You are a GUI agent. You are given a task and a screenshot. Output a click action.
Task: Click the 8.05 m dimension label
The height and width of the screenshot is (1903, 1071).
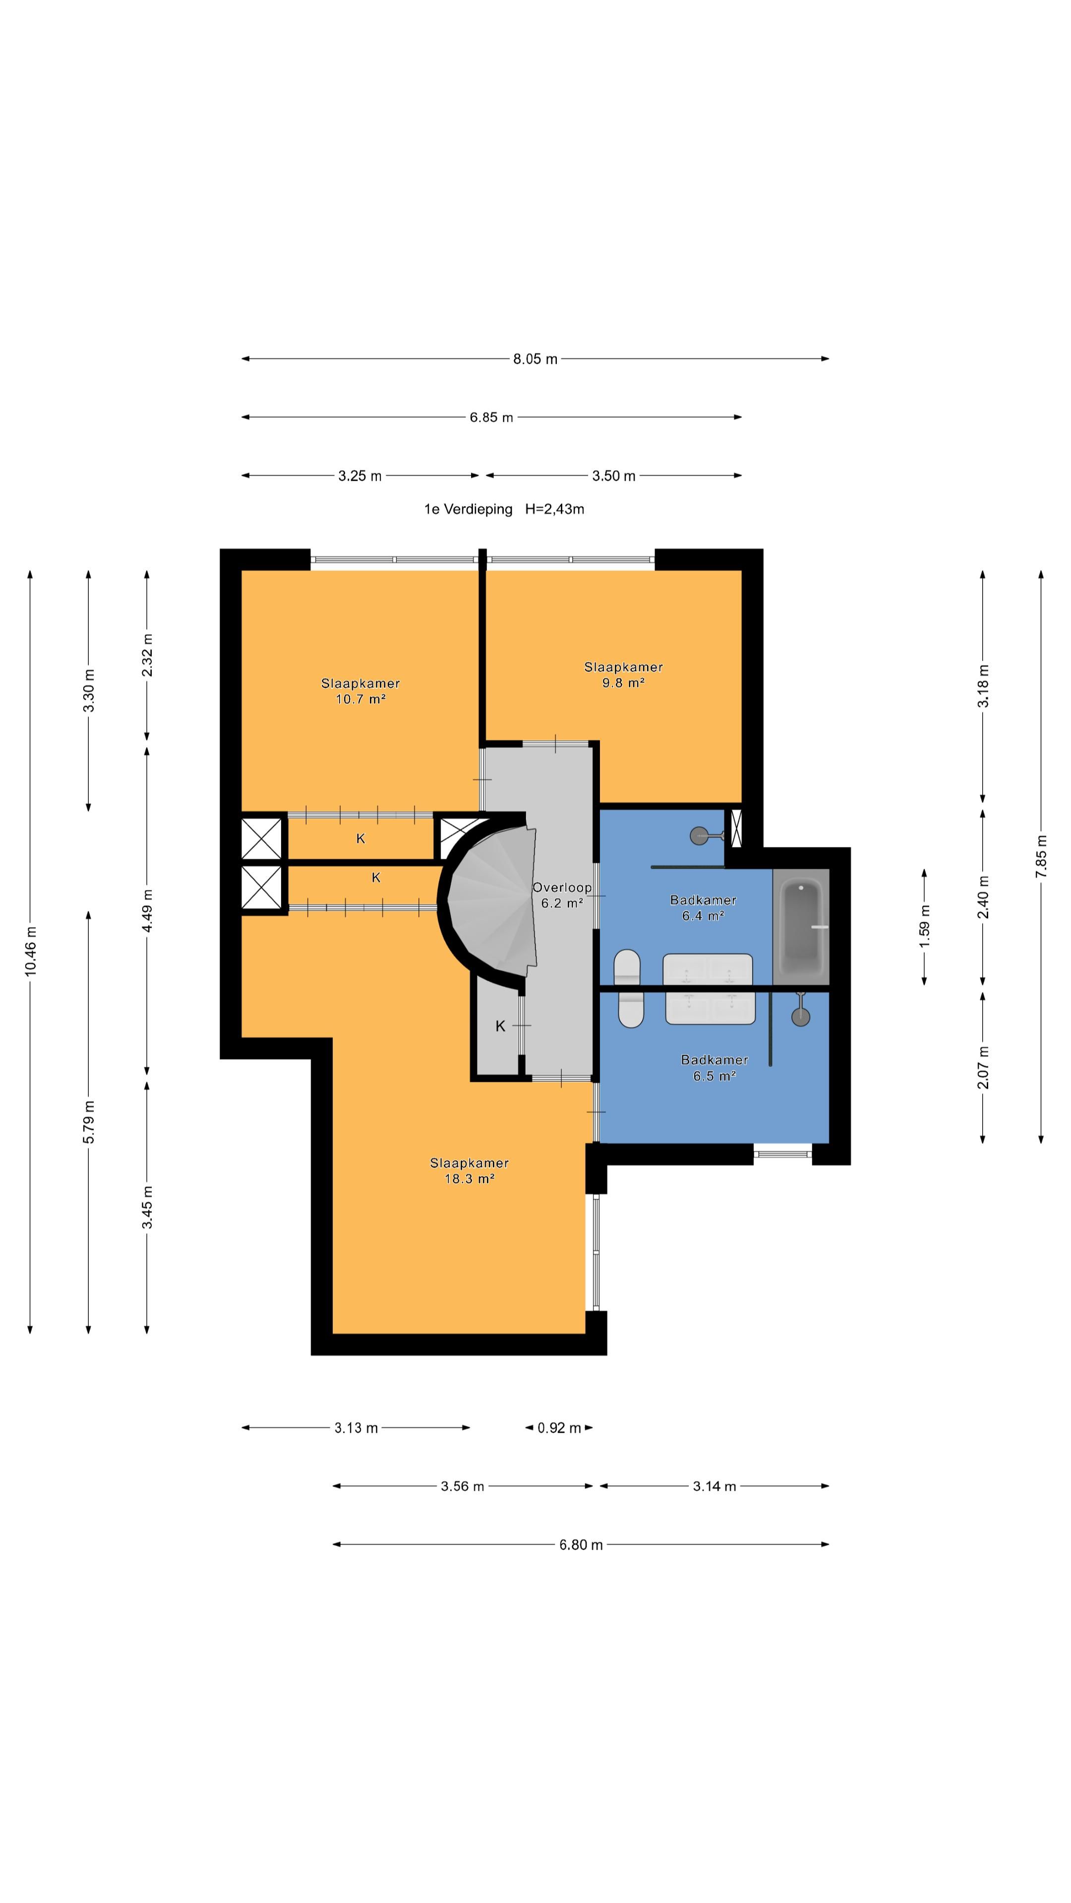[535, 359]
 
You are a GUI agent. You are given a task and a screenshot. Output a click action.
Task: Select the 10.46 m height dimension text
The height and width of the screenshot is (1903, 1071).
[30, 951]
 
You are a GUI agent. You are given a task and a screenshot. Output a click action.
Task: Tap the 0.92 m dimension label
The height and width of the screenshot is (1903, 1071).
[559, 1428]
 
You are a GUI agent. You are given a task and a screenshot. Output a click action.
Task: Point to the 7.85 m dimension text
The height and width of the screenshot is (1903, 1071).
[1041, 856]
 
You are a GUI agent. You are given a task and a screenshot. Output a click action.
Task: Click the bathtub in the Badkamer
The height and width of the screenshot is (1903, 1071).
[801, 927]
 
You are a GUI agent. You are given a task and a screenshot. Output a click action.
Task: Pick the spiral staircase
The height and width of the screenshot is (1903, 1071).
[491, 900]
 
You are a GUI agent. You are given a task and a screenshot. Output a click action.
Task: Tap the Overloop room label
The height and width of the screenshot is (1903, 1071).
[562, 887]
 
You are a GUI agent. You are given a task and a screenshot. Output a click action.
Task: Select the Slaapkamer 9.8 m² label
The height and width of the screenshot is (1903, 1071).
[623, 674]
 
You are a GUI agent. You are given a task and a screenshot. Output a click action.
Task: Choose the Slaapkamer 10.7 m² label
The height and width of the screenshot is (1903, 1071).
[360, 691]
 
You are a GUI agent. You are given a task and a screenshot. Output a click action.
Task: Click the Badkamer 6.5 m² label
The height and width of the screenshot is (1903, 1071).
[714, 1067]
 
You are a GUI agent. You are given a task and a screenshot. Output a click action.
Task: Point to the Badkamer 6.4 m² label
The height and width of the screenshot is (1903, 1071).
[703, 907]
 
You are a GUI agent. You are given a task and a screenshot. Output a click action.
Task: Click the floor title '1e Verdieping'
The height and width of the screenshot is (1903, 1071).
[468, 509]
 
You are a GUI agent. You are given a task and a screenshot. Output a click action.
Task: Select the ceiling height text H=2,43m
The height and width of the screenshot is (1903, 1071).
[554, 509]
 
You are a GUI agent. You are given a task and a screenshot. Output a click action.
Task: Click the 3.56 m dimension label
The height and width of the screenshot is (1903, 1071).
[462, 1486]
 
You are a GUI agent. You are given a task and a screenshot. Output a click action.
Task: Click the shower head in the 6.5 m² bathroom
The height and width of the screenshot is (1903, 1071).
[800, 1016]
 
